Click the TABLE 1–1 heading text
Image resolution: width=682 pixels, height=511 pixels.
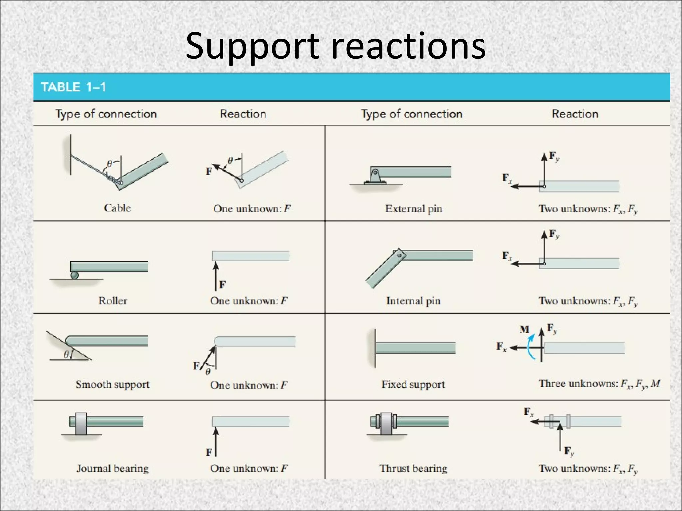pyautogui.click(x=73, y=87)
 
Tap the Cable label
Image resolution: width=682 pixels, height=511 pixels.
pyautogui.click(x=117, y=208)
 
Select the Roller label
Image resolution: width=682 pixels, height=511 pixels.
pyautogui.click(x=113, y=301)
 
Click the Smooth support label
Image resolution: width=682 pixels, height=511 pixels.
pyautogui.click(x=113, y=384)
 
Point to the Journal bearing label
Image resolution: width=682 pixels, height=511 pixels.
pyautogui.click(x=113, y=468)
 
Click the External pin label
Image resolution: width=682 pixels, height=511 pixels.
pyautogui.click(x=414, y=209)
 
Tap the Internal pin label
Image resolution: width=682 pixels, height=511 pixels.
pyautogui.click(x=413, y=301)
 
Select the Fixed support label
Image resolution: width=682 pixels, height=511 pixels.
pyautogui.click(x=413, y=384)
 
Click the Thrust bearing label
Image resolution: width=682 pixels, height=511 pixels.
pyautogui.click(x=413, y=468)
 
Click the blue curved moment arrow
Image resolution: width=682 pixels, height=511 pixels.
pyautogui.click(x=530, y=348)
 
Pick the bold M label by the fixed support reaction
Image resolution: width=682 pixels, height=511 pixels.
pyautogui.click(x=524, y=329)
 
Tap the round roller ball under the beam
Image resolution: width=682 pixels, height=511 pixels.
pyautogui.click(x=75, y=275)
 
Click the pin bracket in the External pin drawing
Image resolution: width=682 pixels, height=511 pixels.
pyautogui.click(x=375, y=177)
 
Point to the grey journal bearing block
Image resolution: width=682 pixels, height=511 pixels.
pyautogui.click(x=81, y=424)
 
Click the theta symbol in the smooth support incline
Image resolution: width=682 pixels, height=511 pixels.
pyautogui.click(x=66, y=354)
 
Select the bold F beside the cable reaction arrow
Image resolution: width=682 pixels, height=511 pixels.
pyautogui.click(x=209, y=171)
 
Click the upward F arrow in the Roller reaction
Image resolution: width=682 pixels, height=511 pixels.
pyautogui.click(x=216, y=276)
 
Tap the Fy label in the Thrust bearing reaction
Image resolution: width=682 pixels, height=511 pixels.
pyautogui.click(x=569, y=451)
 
